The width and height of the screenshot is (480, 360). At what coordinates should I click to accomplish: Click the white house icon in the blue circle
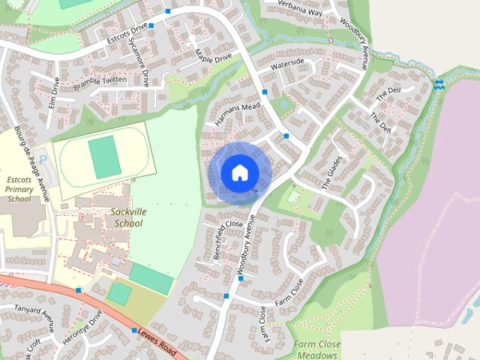(x=239, y=172)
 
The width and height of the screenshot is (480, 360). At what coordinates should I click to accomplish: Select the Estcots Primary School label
(x=19, y=189)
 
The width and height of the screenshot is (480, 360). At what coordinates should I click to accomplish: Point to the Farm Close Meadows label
(x=316, y=349)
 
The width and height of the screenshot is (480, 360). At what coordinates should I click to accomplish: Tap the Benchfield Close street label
(x=218, y=241)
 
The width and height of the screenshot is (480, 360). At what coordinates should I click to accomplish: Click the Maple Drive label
(x=213, y=54)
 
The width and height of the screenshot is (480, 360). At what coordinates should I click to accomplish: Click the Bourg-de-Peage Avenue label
(x=31, y=163)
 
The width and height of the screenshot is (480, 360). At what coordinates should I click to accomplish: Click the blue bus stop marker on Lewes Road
(x=134, y=331)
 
